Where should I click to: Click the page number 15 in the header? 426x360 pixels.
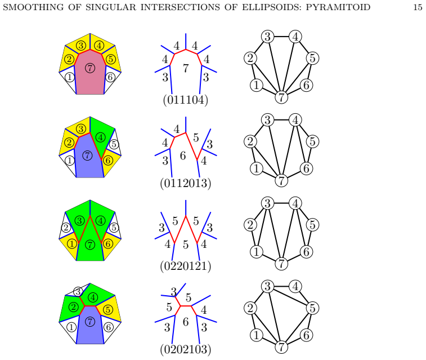point(418,7)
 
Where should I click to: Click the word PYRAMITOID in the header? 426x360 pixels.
point(338,7)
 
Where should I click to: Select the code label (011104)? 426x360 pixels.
point(186,100)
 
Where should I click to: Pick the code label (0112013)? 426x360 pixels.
point(186,183)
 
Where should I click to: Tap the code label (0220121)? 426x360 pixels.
point(186,266)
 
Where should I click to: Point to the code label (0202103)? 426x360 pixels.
point(186,349)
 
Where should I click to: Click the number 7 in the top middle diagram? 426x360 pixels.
point(186,68)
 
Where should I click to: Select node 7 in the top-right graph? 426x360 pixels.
point(281,97)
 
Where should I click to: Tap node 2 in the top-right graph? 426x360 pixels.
point(250,58)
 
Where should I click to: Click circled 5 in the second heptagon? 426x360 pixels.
point(114,144)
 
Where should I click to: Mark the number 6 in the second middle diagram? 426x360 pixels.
point(183,156)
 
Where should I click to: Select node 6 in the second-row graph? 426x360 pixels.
point(307,168)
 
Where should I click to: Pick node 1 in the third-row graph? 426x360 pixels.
point(256,252)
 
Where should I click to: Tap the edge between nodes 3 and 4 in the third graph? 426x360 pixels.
point(281,203)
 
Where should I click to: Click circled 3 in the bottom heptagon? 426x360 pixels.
point(78,291)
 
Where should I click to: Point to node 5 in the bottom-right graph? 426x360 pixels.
point(312,308)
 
